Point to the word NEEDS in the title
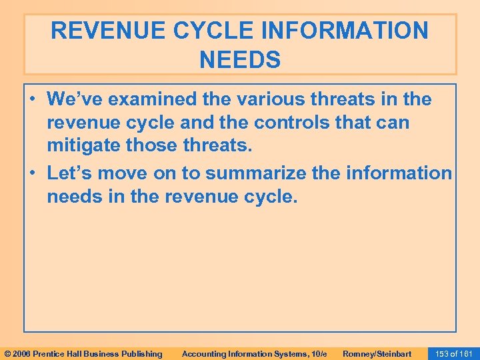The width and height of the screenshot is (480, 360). [240, 61]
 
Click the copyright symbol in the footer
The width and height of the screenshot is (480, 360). [7, 353]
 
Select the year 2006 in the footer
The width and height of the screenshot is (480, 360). [21, 353]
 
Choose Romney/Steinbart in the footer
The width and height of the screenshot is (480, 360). [377, 353]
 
